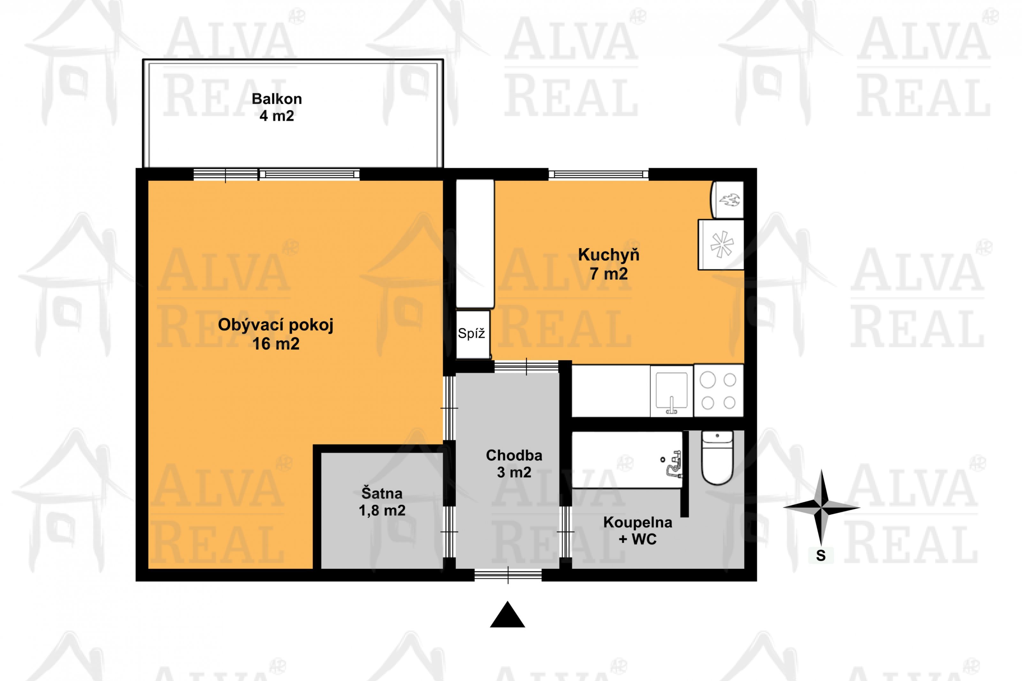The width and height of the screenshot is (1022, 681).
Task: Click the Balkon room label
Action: tap(277, 99)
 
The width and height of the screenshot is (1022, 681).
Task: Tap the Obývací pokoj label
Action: tap(276, 325)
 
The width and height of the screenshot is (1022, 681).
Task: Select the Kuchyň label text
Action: tap(608, 255)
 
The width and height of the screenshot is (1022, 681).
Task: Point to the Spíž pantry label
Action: tap(471, 334)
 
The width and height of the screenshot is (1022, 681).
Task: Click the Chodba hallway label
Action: tap(514, 455)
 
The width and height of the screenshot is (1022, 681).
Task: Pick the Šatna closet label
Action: tap(382, 493)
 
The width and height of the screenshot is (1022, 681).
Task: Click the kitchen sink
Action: tap(672, 391)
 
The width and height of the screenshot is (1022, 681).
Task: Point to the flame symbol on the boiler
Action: tap(729, 200)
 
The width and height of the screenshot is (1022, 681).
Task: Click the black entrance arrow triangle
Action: tap(507, 615)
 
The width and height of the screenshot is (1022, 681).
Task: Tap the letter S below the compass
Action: tap(820, 556)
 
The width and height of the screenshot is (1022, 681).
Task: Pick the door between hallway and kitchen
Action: tap(526, 367)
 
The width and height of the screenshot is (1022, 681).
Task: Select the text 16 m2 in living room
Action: tap(276, 344)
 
